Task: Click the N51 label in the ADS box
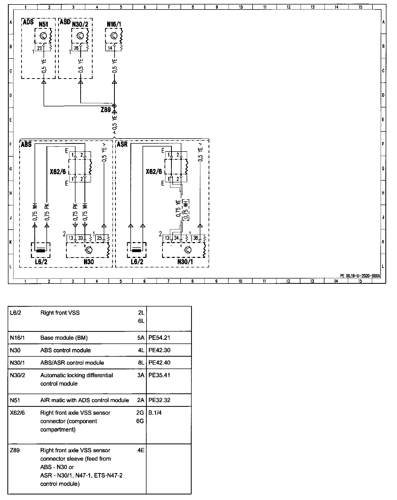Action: (44, 24)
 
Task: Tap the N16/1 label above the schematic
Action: (114, 24)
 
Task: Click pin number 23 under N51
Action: (39, 48)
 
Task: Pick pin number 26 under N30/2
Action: (76, 48)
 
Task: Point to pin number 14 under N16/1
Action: (110, 48)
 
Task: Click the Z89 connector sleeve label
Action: (106, 110)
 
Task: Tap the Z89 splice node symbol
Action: (114, 106)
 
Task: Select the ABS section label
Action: (26, 144)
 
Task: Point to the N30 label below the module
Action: (88, 262)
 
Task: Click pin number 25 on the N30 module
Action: (100, 238)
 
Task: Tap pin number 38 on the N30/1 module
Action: (196, 238)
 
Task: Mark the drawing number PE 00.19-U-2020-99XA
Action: (360, 276)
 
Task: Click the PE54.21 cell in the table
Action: (159, 338)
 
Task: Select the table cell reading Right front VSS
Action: (60, 313)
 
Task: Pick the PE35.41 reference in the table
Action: (159, 375)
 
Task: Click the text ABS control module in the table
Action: (65, 350)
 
